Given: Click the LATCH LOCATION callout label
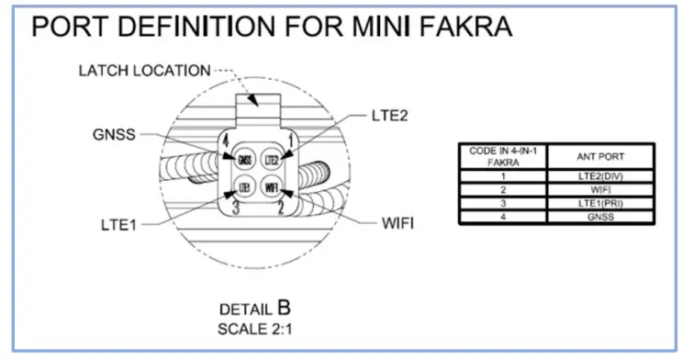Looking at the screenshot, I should coord(144,70).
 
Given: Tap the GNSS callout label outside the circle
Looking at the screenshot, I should coord(115,135).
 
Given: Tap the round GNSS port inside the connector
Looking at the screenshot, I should coord(245,159).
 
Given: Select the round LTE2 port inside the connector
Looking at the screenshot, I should coord(272,159).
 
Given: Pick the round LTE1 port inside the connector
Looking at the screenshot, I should coord(245,187).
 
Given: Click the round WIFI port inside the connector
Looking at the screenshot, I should coord(272,187).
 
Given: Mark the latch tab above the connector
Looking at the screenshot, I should coord(258,101).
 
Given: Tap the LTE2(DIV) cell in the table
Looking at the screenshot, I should coord(600,174).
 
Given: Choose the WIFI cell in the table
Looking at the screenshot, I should coord(600,189).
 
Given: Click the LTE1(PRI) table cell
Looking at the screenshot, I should coord(600,203).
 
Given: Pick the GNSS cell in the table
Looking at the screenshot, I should coord(600,217).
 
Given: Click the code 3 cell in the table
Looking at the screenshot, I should coord(502,203).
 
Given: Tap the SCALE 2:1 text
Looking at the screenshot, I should coord(254,328).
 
